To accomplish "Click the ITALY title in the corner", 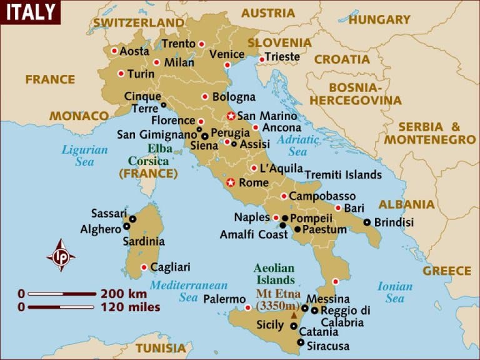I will (x=29, y=12).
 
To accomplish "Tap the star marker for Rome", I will (x=231, y=182).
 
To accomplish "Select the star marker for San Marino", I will (x=231, y=116).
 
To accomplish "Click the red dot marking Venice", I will (x=227, y=65).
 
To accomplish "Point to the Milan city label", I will (x=179, y=62).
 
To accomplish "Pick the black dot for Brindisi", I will (x=367, y=222).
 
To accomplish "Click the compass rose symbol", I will (x=61, y=255).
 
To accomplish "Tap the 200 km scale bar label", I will (x=123, y=293).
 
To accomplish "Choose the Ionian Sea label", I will (x=394, y=292).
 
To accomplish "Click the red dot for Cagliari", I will (x=144, y=267).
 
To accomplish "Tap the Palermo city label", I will (x=224, y=299).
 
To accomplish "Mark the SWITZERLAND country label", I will (x=139, y=22).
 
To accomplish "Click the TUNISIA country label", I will (x=161, y=347).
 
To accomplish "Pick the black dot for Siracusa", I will (x=301, y=342).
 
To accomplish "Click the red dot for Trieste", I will (x=262, y=59).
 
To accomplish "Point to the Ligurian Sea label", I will (x=84, y=156).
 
